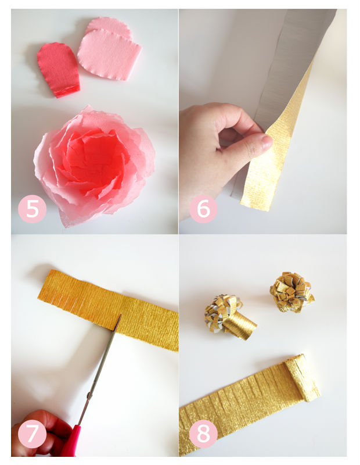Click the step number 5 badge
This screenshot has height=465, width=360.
[x=33, y=209]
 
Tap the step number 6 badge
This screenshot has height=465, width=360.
[x=203, y=209]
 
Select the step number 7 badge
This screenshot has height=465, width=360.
[x=33, y=434]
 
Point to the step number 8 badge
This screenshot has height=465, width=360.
[x=203, y=434]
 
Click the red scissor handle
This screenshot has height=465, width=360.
[x=71, y=441]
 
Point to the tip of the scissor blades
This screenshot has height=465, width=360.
[x=120, y=315]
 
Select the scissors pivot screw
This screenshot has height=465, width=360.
[x=88, y=395]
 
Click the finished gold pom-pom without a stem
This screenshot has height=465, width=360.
[x=291, y=292]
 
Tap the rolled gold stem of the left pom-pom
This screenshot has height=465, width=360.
[x=240, y=326]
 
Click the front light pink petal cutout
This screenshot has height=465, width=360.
[x=110, y=55]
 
